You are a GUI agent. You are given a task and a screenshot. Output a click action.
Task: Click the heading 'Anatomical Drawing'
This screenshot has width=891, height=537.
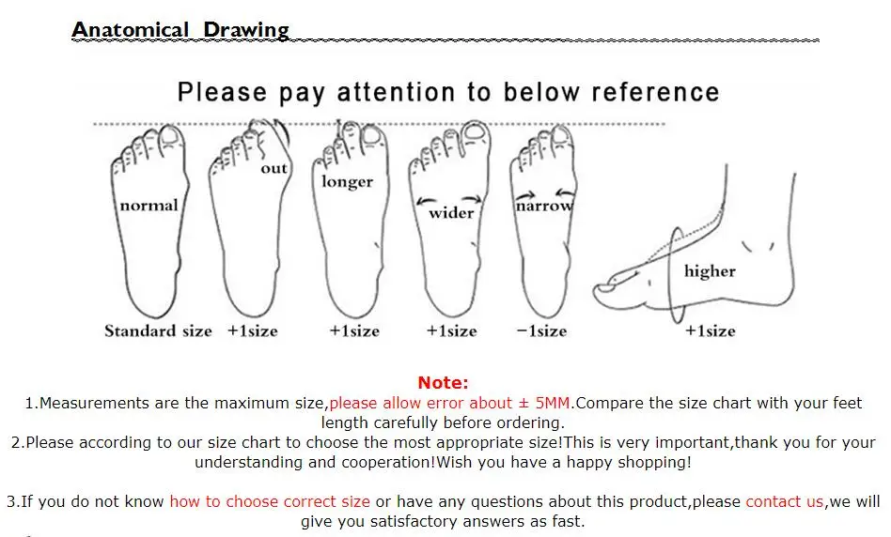pyautogui.click(x=180, y=30)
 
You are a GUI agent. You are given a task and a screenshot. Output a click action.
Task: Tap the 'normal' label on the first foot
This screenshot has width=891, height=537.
pyautogui.click(x=148, y=205)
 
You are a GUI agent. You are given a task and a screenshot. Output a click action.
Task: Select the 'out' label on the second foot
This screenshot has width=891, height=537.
pyautogui.click(x=274, y=168)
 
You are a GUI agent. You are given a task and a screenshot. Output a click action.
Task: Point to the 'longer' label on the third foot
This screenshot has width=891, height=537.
pyautogui.click(x=347, y=181)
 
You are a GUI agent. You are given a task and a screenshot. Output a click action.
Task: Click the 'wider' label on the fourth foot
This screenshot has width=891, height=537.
pyautogui.click(x=451, y=212)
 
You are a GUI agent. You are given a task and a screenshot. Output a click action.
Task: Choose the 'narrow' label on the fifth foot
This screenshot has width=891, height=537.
pyautogui.click(x=543, y=205)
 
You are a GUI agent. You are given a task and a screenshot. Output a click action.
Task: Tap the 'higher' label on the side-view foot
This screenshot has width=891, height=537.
pyautogui.click(x=710, y=271)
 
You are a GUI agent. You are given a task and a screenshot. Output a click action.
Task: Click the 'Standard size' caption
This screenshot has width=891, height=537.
pyautogui.click(x=158, y=330)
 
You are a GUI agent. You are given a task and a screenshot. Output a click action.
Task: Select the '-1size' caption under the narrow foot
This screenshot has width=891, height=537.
pyautogui.click(x=541, y=330)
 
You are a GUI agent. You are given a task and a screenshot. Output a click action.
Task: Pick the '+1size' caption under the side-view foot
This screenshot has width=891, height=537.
pyautogui.click(x=710, y=330)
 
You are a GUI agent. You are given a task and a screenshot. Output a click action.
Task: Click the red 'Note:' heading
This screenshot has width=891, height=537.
pyautogui.click(x=443, y=382)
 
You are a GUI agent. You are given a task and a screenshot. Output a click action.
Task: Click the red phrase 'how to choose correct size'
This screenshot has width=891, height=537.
pyautogui.click(x=269, y=502)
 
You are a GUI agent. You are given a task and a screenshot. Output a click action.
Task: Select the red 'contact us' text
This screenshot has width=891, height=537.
pyautogui.click(x=785, y=502)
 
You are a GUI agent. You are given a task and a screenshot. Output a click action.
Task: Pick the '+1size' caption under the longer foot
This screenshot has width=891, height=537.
pyautogui.click(x=354, y=330)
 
